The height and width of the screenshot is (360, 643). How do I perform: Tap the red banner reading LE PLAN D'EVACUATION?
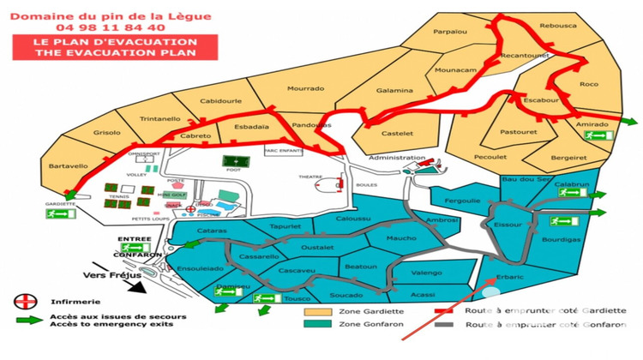[115, 46]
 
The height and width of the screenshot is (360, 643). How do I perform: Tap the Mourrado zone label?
[305, 88]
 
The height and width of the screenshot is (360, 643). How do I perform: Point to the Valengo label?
[426, 273]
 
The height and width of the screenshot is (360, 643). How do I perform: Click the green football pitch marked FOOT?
[231, 161]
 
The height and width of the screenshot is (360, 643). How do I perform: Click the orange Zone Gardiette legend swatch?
[321, 311]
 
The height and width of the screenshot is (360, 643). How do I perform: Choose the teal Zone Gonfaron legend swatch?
[321, 325]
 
